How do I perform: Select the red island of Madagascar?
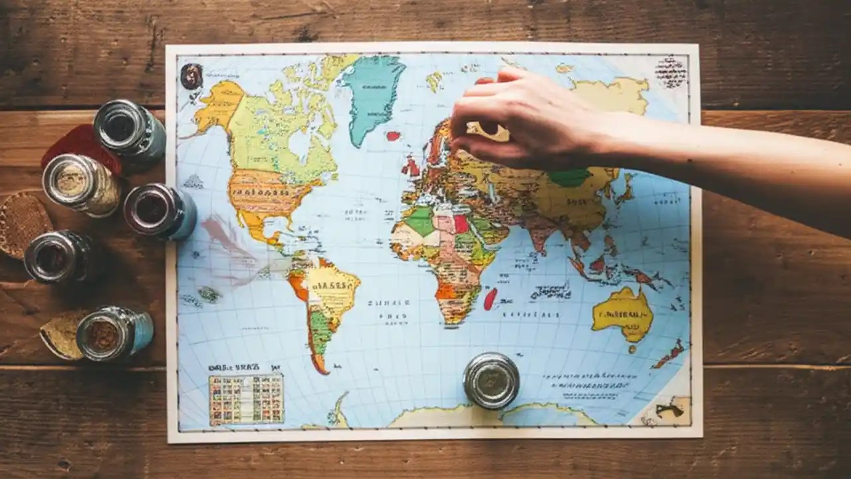click(x=490, y=299)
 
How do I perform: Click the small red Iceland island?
click(x=394, y=136)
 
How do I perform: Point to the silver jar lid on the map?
click(x=491, y=380)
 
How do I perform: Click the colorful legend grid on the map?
click(x=246, y=399)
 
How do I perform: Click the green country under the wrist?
click(x=570, y=178)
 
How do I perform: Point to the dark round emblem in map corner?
click(x=191, y=76)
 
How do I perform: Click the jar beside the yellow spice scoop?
click(x=114, y=333)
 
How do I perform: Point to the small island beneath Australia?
click(x=632, y=348)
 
